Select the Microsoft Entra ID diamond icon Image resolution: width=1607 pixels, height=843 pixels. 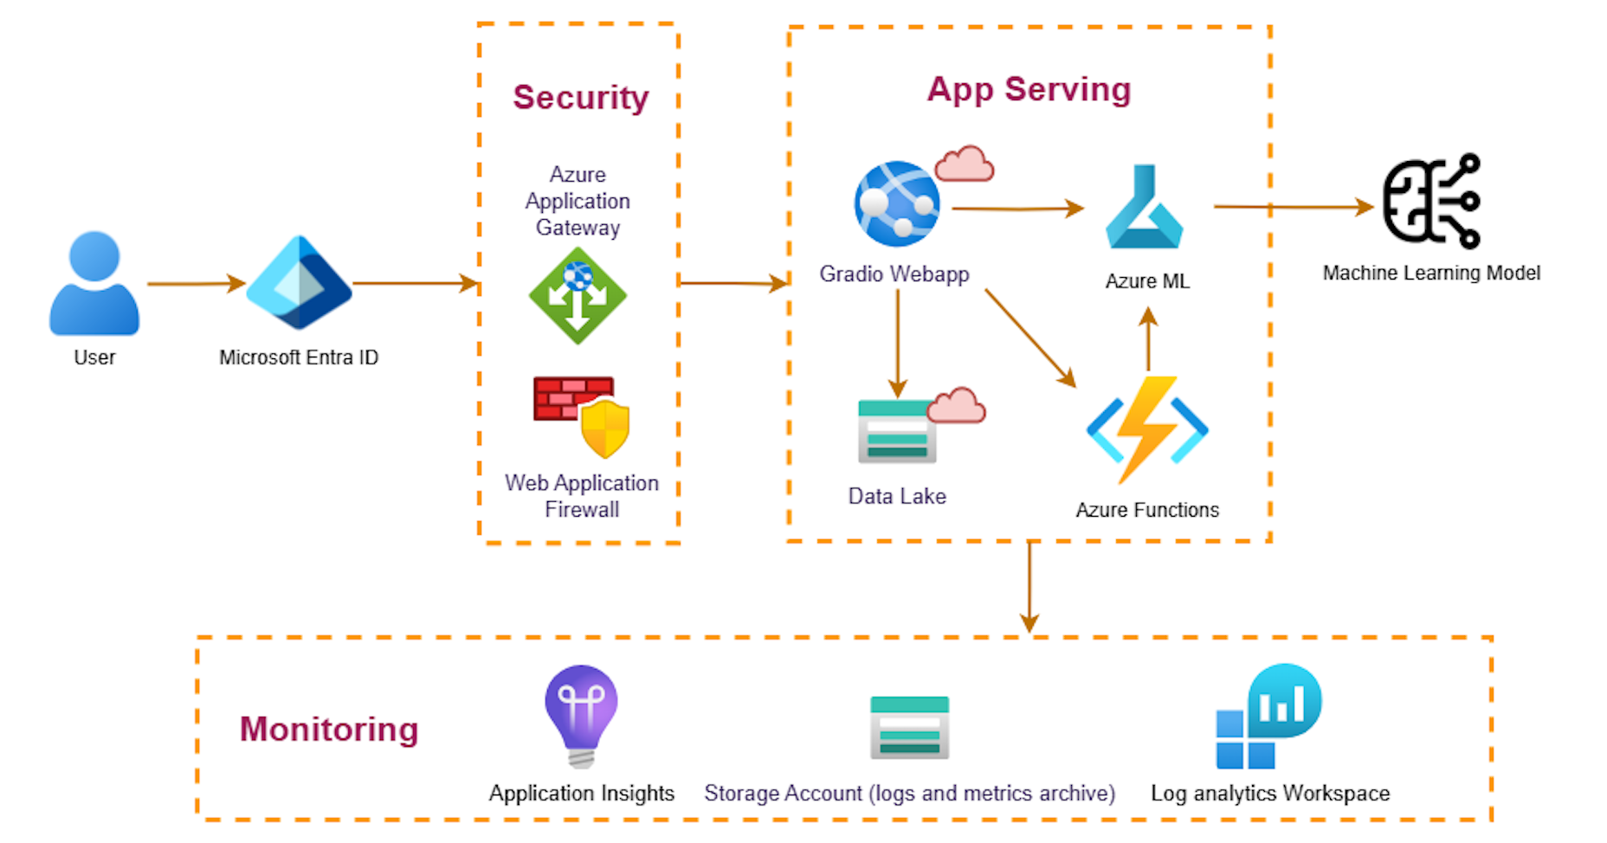[x=299, y=283]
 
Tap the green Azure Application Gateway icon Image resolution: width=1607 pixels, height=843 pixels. [x=578, y=296]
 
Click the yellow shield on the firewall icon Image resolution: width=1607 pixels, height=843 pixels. [x=605, y=428]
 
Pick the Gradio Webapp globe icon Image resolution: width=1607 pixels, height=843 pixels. [x=896, y=204]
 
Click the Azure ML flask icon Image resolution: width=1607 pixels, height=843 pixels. [x=1145, y=209]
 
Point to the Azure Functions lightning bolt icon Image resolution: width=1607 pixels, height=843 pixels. [x=1147, y=429]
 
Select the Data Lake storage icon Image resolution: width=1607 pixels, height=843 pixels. [x=897, y=431]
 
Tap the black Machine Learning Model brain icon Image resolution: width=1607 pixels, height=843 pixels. [x=1431, y=202]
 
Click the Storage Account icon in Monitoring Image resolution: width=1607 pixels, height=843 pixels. [x=909, y=727]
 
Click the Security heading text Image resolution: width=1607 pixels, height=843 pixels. [x=580, y=97]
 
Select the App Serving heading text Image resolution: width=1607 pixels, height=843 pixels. [x=1029, y=89]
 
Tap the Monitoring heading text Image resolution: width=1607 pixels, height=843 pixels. [x=329, y=729]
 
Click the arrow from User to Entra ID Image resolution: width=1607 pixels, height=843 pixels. [x=196, y=283]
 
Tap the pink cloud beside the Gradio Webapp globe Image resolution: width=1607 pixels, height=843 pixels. [x=965, y=164]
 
